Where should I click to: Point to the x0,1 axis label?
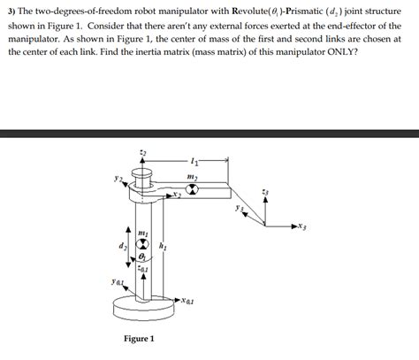pyautogui.click(x=189, y=301)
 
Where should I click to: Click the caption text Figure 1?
pyautogui.click(x=139, y=339)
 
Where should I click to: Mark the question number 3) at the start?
pyautogui.click(x=13, y=9)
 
